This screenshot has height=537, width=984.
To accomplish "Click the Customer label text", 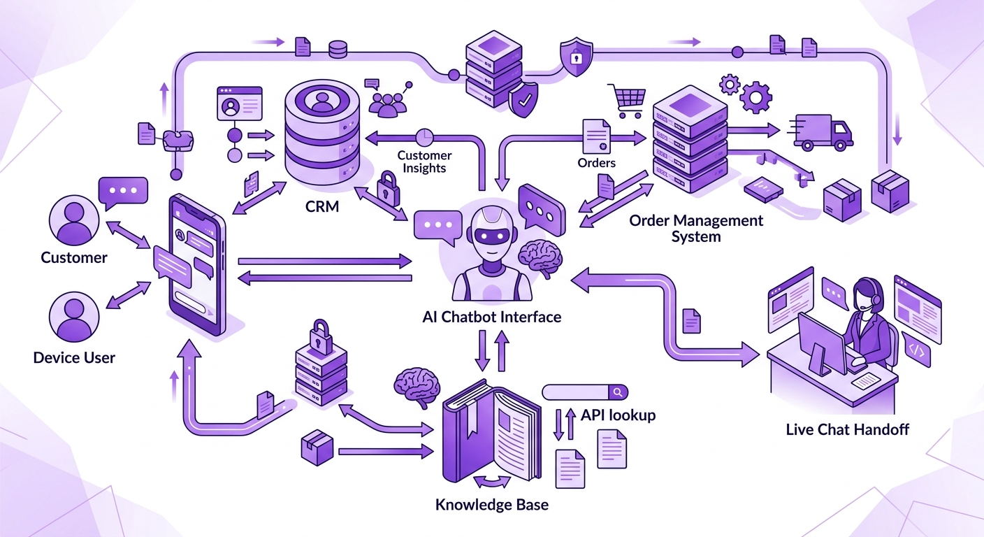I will pyautogui.click(x=74, y=257).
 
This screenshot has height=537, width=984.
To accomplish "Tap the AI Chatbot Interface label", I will pyautogui.click(x=492, y=317).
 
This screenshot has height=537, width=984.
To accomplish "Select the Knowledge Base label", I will pyautogui.click(x=492, y=504).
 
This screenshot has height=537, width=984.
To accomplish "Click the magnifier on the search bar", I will pyautogui.click(x=618, y=392).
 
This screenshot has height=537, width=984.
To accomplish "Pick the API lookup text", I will pyautogui.click(x=618, y=415).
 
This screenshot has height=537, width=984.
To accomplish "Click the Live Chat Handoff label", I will pyautogui.click(x=848, y=429).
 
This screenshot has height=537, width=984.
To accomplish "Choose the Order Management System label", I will pyautogui.click(x=696, y=229).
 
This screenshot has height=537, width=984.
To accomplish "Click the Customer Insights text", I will pyautogui.click(x=424, y=162).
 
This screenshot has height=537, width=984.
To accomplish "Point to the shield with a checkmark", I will pyautogui.click(x=523, y=101).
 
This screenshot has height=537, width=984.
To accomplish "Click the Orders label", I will pyautogui.click(x=597, y=163).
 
